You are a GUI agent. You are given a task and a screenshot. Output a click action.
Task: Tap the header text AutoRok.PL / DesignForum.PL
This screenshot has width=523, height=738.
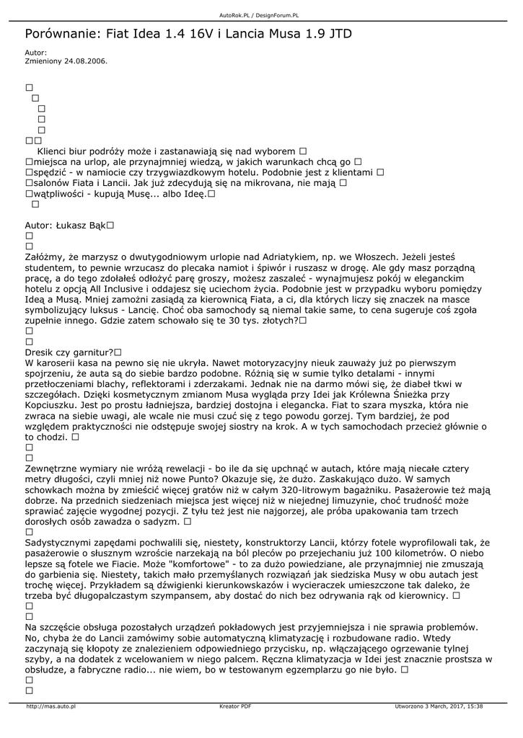coord(259,14)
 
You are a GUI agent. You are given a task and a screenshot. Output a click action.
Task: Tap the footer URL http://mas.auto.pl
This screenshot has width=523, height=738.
coord(50,706)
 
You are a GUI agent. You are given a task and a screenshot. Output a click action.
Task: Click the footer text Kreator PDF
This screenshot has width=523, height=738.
coord(235,706)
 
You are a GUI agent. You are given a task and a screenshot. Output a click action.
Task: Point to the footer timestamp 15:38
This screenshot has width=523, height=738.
coord(475,706)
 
